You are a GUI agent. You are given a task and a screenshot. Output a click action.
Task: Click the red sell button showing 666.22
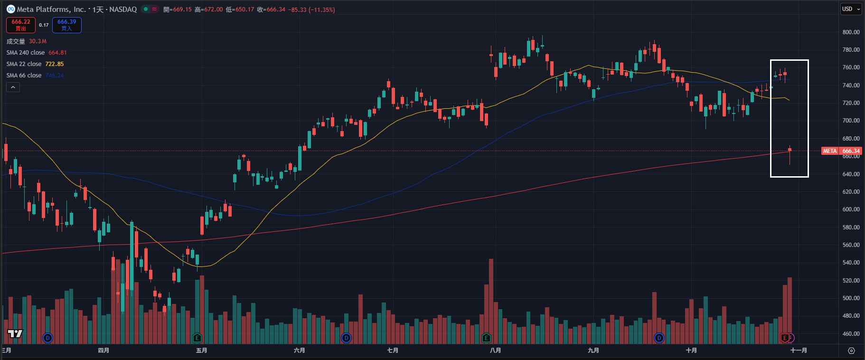coord(20,25)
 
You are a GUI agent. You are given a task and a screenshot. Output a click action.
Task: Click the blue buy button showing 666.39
coord(66,25)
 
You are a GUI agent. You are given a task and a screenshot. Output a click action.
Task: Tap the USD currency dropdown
coord(850,9)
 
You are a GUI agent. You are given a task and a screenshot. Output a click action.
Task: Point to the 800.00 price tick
coord(851,32)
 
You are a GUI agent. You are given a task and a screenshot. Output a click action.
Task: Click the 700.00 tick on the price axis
coord(851,121)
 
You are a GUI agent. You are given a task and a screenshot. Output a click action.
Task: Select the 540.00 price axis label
coord(851,263)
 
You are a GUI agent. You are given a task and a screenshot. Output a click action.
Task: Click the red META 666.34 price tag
coord(841,151)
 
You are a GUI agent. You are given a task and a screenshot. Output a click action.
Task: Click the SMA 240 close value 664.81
coord(57,53)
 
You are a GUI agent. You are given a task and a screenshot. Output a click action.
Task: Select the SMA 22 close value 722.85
coord(55,64)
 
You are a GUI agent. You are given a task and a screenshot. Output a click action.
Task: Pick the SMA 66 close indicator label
coord(24,76)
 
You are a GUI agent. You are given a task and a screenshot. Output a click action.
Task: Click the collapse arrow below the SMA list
coord(13,87)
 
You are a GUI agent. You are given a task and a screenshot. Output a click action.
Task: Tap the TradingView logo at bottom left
coord(15,334)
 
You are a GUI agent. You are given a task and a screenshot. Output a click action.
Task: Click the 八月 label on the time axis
coord(495,351)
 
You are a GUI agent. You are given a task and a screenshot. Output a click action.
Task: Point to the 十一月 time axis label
coord(799,351)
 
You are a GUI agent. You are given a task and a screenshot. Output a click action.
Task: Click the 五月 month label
coord(202,351)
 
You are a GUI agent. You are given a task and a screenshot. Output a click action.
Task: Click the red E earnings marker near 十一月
coord(785,338)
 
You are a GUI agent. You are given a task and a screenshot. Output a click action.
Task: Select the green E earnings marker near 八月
coord(486,338)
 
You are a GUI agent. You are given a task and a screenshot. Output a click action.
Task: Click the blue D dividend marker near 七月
coord(346,338)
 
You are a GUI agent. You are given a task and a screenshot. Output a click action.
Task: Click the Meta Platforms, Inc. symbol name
coord(51,9)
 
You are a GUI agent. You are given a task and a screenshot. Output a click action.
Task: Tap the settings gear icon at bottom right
coord(851,351)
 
